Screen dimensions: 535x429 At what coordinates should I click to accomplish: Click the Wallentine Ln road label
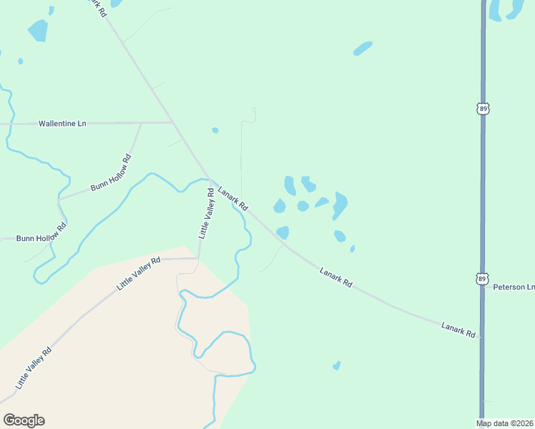62,124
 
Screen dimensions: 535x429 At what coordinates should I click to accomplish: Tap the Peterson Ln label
514,287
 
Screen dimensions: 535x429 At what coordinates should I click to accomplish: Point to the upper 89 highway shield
484,108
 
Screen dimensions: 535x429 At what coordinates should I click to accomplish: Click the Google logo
24,420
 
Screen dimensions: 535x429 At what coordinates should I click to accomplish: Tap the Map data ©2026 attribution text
505,423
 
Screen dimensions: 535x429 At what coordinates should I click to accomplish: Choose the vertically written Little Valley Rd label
206,213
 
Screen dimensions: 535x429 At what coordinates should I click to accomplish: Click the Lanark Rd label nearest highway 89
458,330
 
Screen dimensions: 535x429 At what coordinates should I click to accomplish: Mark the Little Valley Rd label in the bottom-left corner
33,368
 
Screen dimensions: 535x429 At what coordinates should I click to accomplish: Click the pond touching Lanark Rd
283,232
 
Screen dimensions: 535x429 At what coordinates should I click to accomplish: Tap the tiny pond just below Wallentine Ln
215,130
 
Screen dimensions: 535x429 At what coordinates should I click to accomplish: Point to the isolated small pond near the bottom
336,365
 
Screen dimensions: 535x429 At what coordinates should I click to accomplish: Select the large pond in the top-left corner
37,31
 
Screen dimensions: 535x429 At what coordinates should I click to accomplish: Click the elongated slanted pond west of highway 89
363,49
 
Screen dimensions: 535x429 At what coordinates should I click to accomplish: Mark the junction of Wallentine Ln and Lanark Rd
174,123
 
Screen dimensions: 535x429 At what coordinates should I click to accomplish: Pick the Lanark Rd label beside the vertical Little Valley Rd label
232,198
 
